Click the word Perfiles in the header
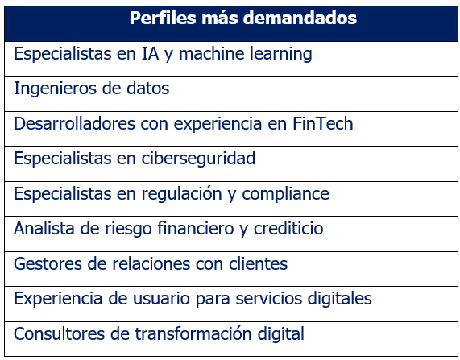(163, 19)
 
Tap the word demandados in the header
(300, 19)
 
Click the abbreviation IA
(150, 54)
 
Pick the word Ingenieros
(55, 89)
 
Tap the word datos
(148, 89)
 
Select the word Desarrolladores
(74, 124)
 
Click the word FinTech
(323, 124)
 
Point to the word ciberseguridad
(198, 159)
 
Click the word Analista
(44, 229)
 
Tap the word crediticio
(288, 229)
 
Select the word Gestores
(48, 264)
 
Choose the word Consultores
(59, 334)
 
